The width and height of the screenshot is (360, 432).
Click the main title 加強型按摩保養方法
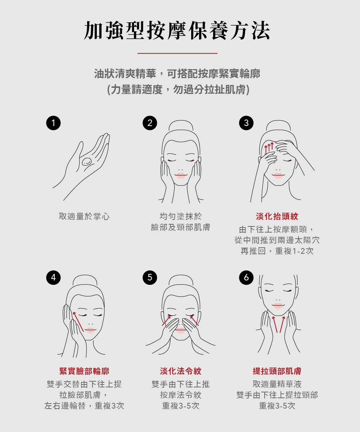coord(177,30)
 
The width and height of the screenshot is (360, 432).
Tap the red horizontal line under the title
coord(177,53)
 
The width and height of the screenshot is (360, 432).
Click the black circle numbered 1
coord(53,123)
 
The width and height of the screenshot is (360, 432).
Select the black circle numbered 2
coord(150,123)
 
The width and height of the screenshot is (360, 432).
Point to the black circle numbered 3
coord(246,123)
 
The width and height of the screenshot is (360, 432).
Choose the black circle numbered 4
coord(53,278)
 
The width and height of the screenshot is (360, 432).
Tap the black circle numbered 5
coord(150,278)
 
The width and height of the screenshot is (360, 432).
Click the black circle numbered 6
coord(246,278)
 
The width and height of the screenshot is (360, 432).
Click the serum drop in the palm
coord(87,162)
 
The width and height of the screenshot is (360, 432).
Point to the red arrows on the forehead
coord(269,148)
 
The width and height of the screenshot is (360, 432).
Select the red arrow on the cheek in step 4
coord(78,322)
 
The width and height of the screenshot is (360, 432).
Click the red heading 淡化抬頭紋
coord(277,216)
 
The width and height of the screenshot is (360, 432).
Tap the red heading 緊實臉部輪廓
coord(84,371)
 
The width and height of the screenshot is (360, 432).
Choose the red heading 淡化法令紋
coord(181,371)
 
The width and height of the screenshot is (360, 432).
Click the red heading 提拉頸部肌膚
coord(277,371)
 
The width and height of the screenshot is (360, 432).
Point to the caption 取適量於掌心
coord(84,216)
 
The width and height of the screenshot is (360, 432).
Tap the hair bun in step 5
coord(181,280)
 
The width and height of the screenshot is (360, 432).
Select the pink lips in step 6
coord(278,306)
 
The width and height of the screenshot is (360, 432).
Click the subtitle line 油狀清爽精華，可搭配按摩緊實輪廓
coord(177,74)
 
